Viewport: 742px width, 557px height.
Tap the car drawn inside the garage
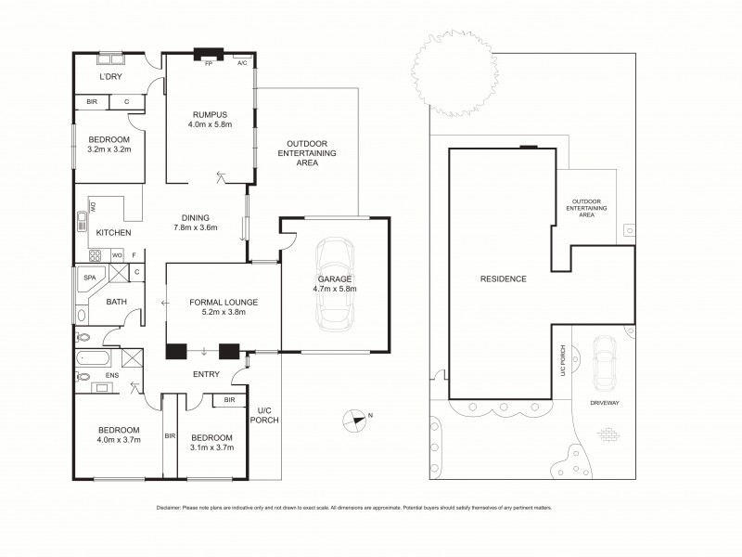click(335, 284)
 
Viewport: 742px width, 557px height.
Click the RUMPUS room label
click(210, 113)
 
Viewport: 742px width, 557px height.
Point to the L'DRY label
click(111, 77)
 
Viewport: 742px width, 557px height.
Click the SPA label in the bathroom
click(90, 278)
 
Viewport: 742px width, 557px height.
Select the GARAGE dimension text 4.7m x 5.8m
click(335, 289)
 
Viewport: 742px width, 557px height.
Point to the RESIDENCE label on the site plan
click(504, 278)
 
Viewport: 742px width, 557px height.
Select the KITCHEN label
click(113, 232)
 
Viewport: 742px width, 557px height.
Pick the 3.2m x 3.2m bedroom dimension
click(109, 149)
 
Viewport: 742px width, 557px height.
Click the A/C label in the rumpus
click(241, 63)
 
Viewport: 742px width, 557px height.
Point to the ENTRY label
click(205, 374)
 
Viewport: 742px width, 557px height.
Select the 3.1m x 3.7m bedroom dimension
click(211, 447)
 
